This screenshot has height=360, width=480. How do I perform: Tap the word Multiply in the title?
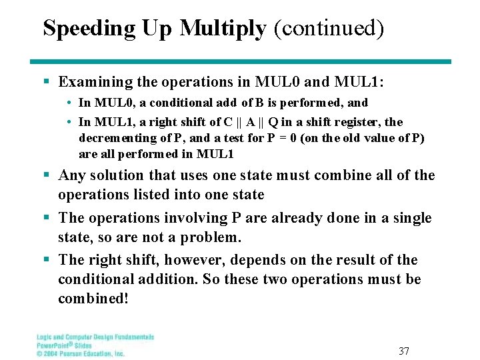(x=223, y=28)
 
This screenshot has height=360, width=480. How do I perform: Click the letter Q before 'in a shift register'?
(x=273, y=121)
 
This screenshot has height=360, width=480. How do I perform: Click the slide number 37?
(x=403, y=351)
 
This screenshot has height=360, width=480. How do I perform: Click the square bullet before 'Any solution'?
(x=47, y=176)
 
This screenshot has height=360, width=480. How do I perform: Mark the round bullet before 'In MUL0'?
(x=69, y=103)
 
